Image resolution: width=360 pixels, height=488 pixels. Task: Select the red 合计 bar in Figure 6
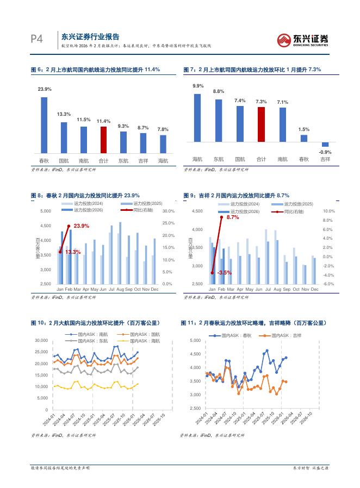tap(103, 140)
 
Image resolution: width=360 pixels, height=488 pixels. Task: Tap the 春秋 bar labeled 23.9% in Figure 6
tap(44, 125)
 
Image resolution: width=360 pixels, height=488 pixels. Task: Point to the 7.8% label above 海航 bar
tap(163, 129)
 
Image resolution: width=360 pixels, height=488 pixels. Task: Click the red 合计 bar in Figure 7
tap(261, 124)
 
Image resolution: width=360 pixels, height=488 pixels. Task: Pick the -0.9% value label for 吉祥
tap(325, 152)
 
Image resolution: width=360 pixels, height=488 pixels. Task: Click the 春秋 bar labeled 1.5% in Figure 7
tap(304, 139)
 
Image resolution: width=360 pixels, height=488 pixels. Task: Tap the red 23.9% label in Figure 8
tap(81, 226)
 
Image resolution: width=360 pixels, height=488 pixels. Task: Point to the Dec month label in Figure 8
tap(154, 289)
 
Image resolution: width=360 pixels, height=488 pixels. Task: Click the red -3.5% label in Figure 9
tap(224, 272)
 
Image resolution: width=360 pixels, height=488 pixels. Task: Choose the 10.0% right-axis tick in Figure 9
tap(329, 211)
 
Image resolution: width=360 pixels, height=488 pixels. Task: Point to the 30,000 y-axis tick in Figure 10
tap(41, 341)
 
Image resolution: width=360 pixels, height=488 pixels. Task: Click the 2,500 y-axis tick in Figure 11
tap(195, 408)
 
